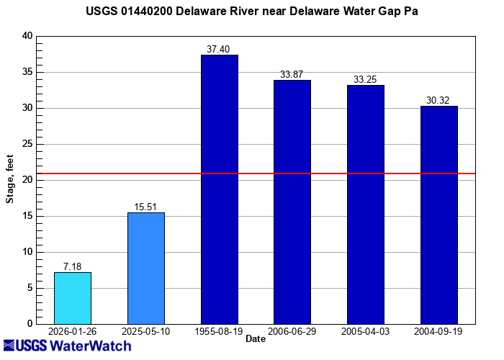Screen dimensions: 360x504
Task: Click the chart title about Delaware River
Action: click(251, 12)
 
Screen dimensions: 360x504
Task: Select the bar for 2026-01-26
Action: click(73, 298)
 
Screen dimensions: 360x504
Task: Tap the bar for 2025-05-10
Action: click(146, 268)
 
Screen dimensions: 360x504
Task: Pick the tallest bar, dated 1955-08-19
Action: click(219, 189)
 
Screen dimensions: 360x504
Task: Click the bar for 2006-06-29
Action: click(292, 202)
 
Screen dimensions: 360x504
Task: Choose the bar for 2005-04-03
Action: click(366, 204)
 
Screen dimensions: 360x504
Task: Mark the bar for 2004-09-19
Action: click(439, 215)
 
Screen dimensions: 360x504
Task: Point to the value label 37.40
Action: click(219, 49)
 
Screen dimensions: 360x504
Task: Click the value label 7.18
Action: click(73, 267)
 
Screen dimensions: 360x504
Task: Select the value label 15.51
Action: click(146, 207)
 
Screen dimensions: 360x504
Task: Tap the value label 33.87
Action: click(292, 75)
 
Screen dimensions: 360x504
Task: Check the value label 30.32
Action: click(439, 100)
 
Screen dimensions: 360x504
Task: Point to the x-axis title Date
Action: click(256, 338)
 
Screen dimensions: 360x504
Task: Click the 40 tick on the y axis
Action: click(27, 36)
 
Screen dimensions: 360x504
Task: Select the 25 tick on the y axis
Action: click(27, 144)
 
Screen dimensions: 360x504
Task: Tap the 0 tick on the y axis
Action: click(30, 324)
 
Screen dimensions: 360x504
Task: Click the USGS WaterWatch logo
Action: click(67, 346)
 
